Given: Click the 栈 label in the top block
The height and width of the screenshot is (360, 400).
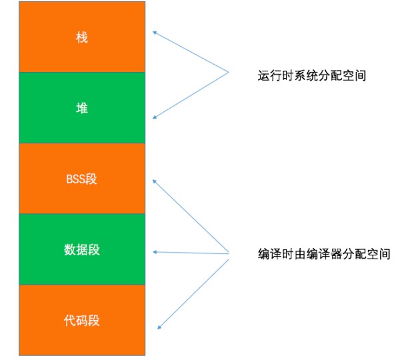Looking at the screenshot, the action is point(81,37).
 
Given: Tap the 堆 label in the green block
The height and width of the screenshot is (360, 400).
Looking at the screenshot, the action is point(81,108).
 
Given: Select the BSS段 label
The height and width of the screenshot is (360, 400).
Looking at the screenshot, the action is point(81,179).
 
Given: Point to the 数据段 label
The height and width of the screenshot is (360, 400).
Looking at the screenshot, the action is point(81,249).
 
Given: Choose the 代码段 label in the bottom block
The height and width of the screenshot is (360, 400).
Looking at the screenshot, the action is point(81,321).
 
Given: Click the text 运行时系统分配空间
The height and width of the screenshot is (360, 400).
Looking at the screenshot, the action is point(312,75).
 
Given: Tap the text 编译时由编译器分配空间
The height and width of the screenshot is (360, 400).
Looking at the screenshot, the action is point(324,254).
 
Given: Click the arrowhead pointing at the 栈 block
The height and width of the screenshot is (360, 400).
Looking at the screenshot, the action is point(155,33).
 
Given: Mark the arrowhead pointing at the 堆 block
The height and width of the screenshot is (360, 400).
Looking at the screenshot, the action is point(155,117).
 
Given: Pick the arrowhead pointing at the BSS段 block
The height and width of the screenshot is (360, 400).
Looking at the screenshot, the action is point(155,181).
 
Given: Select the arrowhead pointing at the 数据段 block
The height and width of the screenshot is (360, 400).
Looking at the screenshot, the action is point(155,252).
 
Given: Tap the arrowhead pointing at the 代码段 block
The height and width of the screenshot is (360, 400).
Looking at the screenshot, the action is point(159,327).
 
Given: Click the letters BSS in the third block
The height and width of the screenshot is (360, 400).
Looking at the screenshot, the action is point(75,179).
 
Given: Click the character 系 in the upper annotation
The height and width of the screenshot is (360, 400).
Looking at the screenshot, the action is point(300,75).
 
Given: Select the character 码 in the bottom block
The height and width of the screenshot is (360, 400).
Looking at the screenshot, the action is point(81,321).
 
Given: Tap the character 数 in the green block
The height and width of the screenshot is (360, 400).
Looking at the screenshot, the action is point(69,249).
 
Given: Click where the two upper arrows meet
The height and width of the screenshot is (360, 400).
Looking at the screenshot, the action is point(228,73).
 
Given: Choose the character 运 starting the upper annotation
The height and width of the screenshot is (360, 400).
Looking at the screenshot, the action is point(264,75).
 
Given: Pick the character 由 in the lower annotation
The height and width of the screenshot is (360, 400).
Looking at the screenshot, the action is point(300,254).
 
